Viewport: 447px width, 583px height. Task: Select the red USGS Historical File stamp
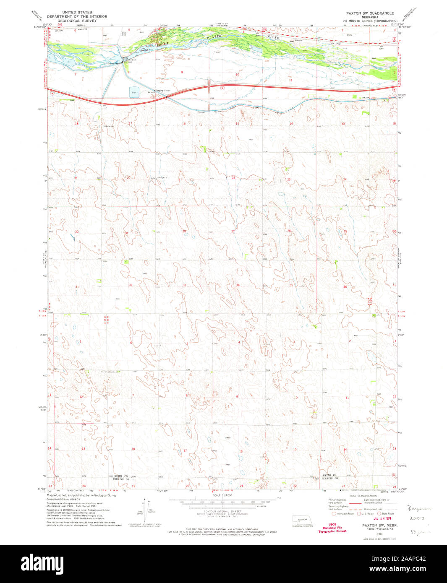point(332,528)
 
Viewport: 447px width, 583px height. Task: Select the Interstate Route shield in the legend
point(334,513)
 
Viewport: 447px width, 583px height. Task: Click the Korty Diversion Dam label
point(129,59)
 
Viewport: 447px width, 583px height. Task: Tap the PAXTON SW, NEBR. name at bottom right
point(374,525)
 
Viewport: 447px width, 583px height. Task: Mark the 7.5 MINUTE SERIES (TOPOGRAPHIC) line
point(370,21)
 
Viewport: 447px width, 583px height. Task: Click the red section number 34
point(238,285)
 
